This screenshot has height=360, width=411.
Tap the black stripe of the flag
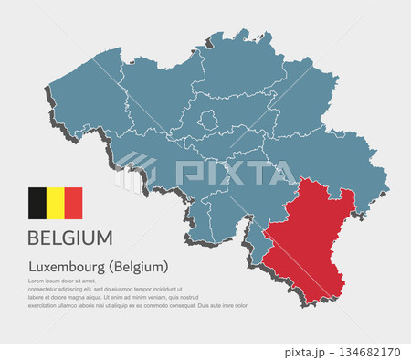[37, 203]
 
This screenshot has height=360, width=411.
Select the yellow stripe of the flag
[55, 203]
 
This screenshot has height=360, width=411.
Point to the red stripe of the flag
[73, 203]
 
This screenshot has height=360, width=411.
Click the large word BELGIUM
[70, 238]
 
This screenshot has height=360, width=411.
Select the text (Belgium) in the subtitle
[139, 267]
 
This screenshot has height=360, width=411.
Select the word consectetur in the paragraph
[45, 289]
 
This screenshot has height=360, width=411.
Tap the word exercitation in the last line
[46, 305]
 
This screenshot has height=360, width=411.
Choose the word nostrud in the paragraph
[185, 297]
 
